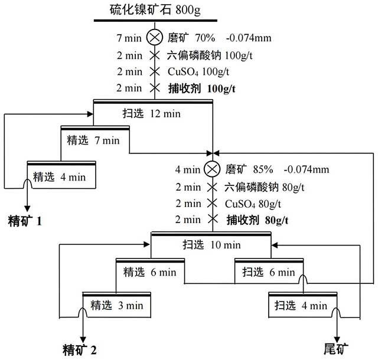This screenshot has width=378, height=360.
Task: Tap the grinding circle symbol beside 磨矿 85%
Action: [x=211, y=169]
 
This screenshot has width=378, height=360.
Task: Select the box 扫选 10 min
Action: [x=211, y=244]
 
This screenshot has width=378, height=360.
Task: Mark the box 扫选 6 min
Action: [x=269, y=272]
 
